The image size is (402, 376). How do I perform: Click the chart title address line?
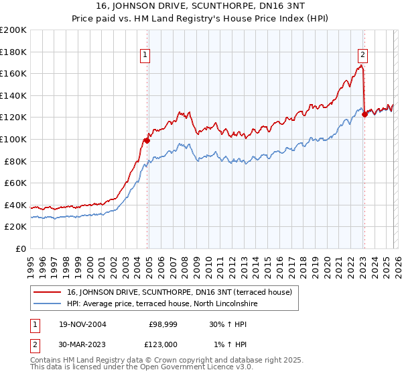[x=201, y=7]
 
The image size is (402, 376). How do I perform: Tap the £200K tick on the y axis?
[x=13, y=30]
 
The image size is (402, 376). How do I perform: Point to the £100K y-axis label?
[x=13, y=139]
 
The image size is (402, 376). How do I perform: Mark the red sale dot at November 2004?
[x=147, y=140]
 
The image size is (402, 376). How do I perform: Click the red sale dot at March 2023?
[x=364, y=114]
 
